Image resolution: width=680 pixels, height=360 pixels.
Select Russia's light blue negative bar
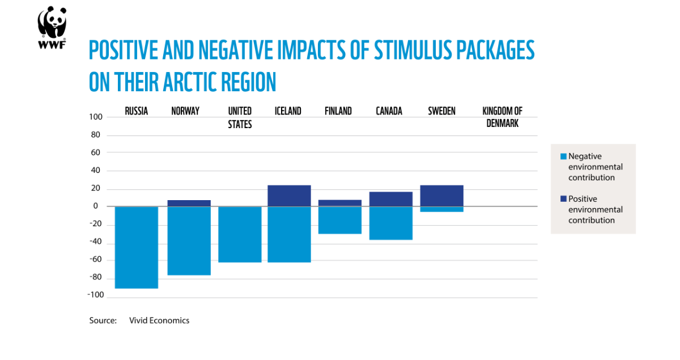(x=137, y=247)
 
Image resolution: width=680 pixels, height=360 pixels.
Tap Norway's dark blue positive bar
(x=189, y=203)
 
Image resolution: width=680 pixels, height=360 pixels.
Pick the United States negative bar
(x=240, y=234)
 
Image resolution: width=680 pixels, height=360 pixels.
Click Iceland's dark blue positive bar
(x=289, y=196)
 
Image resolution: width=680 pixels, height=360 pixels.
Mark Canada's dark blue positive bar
(x=391, y=199)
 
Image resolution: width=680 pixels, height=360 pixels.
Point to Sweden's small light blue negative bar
(x=441, y=209)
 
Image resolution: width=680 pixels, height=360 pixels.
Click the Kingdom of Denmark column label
(x=502, y=117)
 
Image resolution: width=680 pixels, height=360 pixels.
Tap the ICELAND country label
(x=288, y=111)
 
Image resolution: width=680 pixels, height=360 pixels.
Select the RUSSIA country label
(x=137, y=111)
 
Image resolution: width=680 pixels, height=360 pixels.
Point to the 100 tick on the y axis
(x=95, y=117)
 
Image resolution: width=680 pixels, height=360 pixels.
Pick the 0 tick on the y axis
(x=96, y=206)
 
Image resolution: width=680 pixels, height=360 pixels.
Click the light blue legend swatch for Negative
(x=563, y=156)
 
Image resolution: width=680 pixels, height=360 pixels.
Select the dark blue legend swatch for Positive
(x=563, y=199)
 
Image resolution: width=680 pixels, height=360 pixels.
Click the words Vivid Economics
(x=159, y=320)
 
